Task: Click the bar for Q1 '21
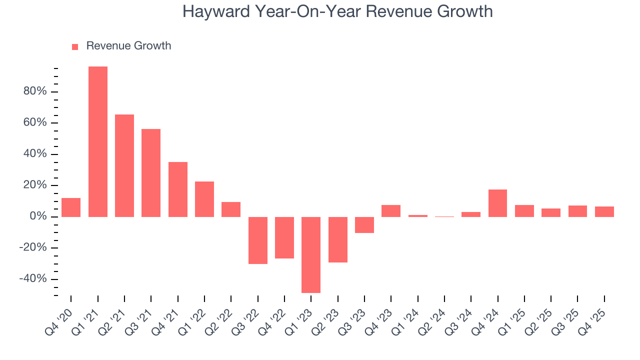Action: (x=98, y=141)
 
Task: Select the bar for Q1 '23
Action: (x=311, y=254)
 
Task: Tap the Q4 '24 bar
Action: (x=497, y=203)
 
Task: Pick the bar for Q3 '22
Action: (x=258, y=240)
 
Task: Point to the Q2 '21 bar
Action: (x=124, y=165)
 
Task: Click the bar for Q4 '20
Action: (x=71, y=207)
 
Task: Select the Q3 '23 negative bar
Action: (x=364, y=224)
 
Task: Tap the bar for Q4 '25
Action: (x=604, y=211)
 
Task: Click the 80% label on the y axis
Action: (x=34, y=91)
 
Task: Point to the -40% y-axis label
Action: (x=32, y=279)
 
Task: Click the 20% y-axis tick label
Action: (x=34, y=185)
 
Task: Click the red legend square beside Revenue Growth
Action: (x=75, y=47)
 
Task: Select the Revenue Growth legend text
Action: (x=128, y=46)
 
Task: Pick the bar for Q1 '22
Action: (x=204, y=199)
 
